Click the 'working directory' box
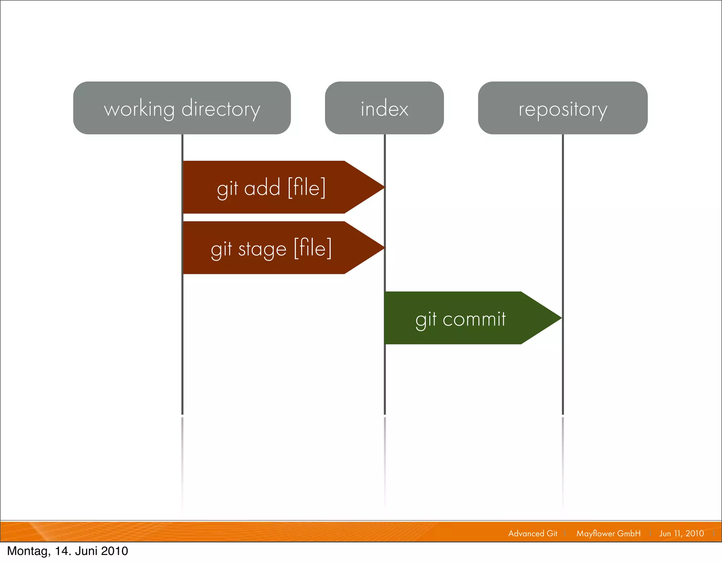tap(182, 108)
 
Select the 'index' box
tap(384, 108)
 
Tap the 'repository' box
tap(563, 108)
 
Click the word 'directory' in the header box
tap(221, 109)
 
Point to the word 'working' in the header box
tap(139, 109)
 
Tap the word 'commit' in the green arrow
tap(474, 319)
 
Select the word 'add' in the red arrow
tap(262, 188)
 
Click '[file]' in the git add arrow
tap(307, 188)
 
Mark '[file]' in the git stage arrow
tap(313, 248)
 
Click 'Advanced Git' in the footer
tap(533, 533)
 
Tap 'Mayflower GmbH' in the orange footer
tap(608, 533)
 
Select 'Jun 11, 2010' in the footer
tap(681, 533)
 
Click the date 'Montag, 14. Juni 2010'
tap(68, 551)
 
